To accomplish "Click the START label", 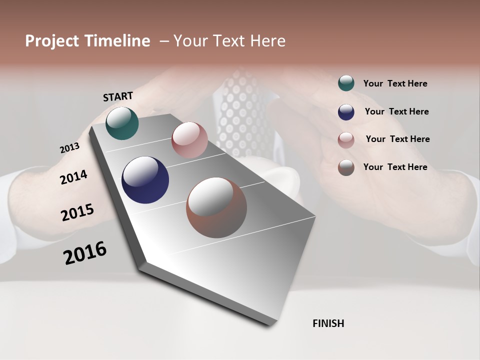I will tap(118, 96).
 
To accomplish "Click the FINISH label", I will tap(328, 323).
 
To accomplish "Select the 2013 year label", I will tap(69, 148).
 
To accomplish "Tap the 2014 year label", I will tap(73, 177).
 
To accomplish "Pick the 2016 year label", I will tap(85, 253).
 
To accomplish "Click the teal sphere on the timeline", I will tap(122, 123).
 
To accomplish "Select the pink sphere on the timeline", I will tap(189, 140).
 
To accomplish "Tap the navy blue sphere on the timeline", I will tap(145, 180).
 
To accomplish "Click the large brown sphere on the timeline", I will tap(216, 207).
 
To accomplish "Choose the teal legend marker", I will tap(346, 83).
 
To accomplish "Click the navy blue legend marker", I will tap(346, 111).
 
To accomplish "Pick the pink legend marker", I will tap(346, 140).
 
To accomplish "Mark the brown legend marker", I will tap(346, 167).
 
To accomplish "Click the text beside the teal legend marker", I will tap(395, 83).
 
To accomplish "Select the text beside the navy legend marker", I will tap(396, 111).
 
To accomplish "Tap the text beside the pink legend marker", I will tap(397, 139).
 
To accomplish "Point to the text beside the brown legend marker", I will tap(395, 167).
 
